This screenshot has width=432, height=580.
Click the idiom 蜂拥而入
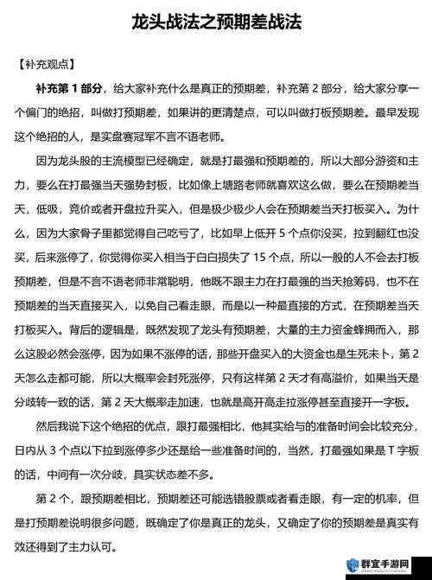[377, 330]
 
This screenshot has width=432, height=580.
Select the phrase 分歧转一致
[43, 403]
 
